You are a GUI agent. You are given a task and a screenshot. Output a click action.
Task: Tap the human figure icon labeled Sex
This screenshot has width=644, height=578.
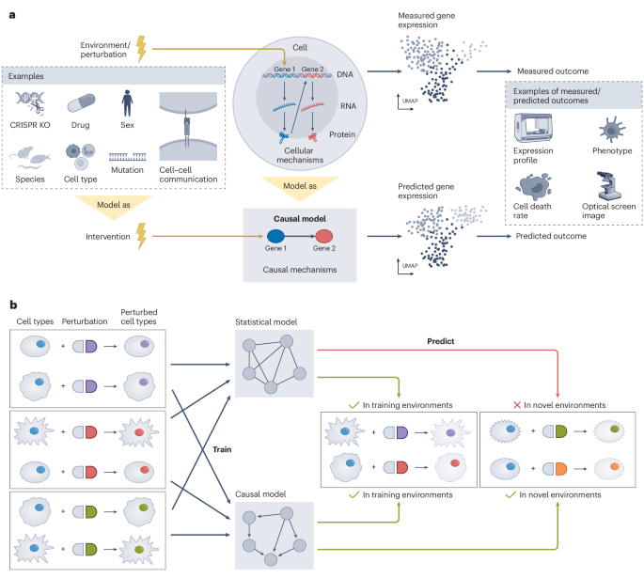(x=127, y=102)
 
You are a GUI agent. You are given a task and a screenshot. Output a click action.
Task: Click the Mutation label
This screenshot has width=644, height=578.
(x=127, y=169)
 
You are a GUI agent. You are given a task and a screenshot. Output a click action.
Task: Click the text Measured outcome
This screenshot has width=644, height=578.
(x=555, y=71)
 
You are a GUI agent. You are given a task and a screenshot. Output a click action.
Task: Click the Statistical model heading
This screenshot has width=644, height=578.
(x=267, y=323)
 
